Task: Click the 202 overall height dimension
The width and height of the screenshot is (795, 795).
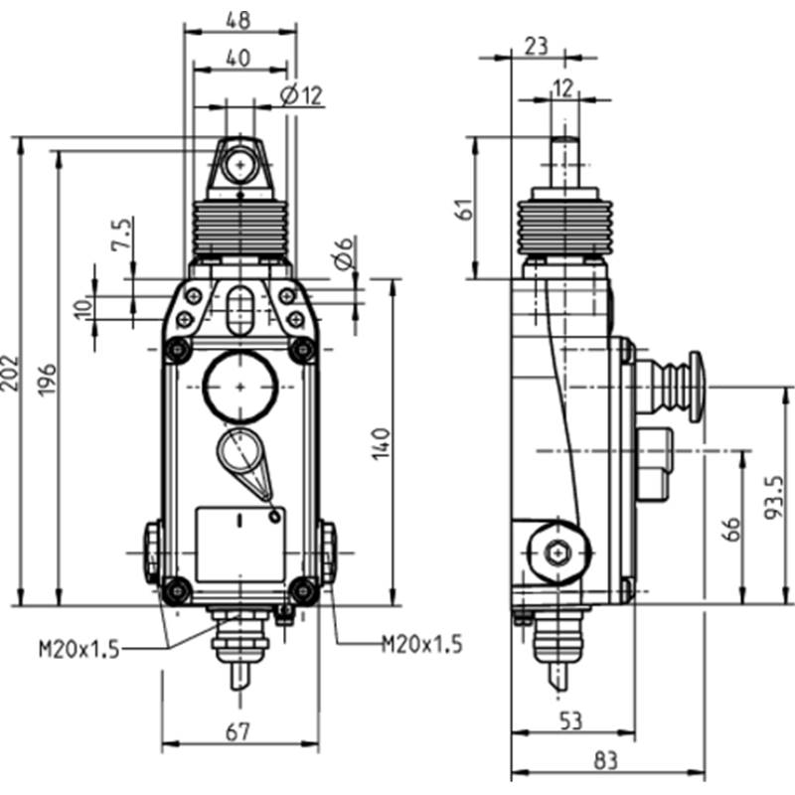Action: (10, 373)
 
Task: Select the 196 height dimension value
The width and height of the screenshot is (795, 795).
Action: (47, 380)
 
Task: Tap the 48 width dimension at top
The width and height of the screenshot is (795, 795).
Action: (238, 20)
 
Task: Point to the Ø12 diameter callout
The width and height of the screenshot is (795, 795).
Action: (302, 95)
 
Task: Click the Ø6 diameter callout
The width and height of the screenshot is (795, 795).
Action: (343, 253)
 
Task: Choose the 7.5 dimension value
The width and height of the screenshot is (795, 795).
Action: (120, 235)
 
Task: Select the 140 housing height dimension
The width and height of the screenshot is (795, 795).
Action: (381, 443)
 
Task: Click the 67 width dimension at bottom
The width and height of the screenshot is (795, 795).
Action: (238, 731)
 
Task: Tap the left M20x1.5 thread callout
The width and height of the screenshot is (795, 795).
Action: (79, 649)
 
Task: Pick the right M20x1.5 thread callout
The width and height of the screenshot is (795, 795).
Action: (421, 644)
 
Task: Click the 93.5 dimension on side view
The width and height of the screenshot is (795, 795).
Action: (774, 497)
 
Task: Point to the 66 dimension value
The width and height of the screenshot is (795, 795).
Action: (732, 529)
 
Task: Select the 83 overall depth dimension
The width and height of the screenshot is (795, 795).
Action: (606, 760)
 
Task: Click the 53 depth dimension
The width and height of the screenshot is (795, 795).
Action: (570, 719)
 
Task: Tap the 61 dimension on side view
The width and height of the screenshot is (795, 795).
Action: (465, 209)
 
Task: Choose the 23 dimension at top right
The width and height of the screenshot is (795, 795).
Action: (537, 46)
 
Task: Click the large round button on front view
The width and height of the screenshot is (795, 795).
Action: (240, 387)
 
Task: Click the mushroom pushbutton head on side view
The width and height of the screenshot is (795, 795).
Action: (695, 387)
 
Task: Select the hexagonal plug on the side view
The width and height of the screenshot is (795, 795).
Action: (558, 553)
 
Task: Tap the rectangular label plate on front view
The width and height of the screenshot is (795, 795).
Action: (240, 544)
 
